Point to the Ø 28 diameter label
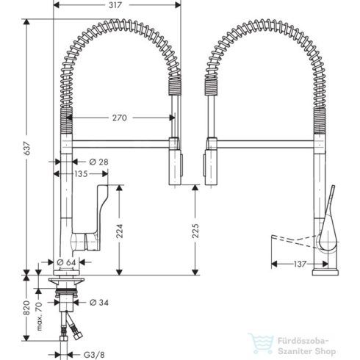point(99,161)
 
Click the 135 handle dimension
point(82,174)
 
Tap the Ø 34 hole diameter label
point(100,301)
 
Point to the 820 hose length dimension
point(26,307)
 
